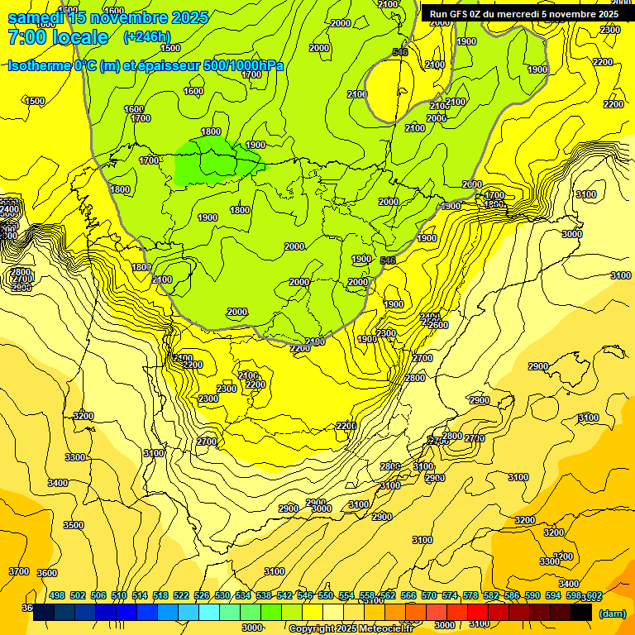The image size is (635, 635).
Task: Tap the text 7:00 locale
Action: tap(58, 37)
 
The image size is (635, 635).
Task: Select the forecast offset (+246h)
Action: tap(146, 37)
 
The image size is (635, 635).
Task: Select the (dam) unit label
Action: tap(612, 614)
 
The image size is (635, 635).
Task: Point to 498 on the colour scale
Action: tap(57, 595)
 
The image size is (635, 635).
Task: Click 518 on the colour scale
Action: tap(160, 595)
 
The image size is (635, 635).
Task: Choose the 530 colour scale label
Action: tap(222, 595)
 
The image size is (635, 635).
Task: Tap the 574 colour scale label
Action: tap(450, 595)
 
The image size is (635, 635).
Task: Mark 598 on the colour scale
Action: tap(573, 595)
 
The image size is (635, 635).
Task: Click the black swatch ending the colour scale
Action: tap(581, 612)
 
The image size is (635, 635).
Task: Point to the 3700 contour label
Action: tap(19, 571)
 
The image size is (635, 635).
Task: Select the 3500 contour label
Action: tap(74, 525)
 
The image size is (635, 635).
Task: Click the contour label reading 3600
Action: tap(47, 573)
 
